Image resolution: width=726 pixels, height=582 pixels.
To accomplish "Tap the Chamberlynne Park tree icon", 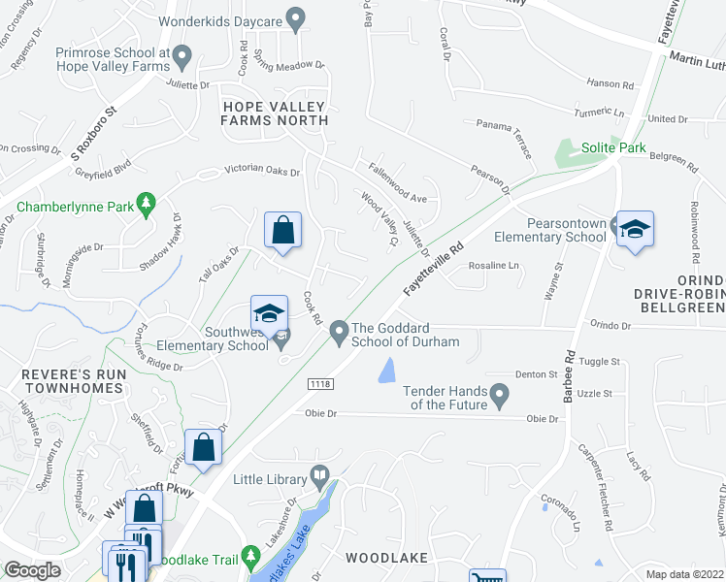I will pos(147,203).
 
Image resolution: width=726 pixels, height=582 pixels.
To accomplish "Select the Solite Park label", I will pos(613,148).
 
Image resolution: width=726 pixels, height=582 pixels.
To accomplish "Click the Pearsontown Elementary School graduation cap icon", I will pos(635,229).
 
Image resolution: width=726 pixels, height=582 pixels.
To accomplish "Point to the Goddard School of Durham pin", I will pos(339,333).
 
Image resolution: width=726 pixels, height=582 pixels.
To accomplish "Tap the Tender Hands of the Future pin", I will pos(499,394).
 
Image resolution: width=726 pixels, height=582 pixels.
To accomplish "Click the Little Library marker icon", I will pos(319,475).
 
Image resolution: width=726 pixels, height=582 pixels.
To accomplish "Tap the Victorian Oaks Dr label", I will pos(262,170).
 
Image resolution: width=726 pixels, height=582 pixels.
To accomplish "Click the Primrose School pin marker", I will pos(182,62).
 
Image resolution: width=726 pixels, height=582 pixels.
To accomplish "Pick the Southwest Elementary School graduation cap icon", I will pos(269,312).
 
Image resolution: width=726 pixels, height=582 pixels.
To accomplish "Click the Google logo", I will pos(32,570).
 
